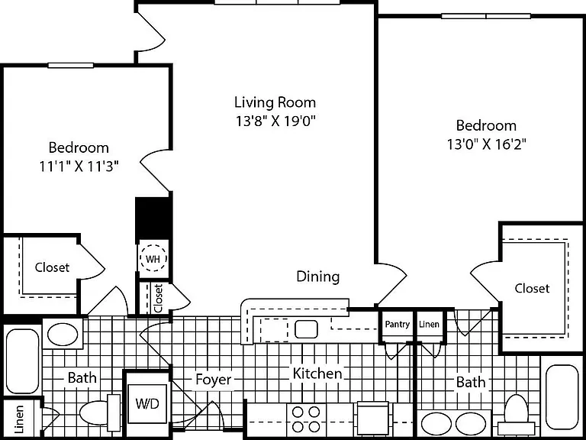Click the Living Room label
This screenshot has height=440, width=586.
click(x=275, y=102)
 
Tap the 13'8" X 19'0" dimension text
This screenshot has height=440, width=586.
click(x=275, y=121)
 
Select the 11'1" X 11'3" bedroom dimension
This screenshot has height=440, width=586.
click(x=79, y=166)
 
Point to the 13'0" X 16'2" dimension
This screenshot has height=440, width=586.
click(x=487, y=144)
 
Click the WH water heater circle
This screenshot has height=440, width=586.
click(x=153, y=258)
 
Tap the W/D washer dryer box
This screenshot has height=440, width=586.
click(x=147, y=403)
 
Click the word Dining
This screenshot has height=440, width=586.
click(x=318, y=277)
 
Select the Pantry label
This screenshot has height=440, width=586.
click(x=398, y=324)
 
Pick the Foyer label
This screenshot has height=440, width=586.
click(x=214, y=380)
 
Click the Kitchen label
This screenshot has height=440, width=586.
click(x=317, y=374)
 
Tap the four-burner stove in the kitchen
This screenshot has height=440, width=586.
click(x=306, y=419)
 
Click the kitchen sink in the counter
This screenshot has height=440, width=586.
click(x=306, y=329)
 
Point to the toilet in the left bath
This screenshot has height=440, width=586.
click(x=100, y=412)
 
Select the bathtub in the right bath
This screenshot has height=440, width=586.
click(x=562, y=396)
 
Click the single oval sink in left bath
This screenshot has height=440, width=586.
click(x=63, y=334)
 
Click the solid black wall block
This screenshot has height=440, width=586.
click(x=153, y=219)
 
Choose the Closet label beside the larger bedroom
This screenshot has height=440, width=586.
click(x=532, y=288)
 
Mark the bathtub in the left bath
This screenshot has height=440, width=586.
click(x=22, y=361)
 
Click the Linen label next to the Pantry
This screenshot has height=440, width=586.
click(x=429, y=324)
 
